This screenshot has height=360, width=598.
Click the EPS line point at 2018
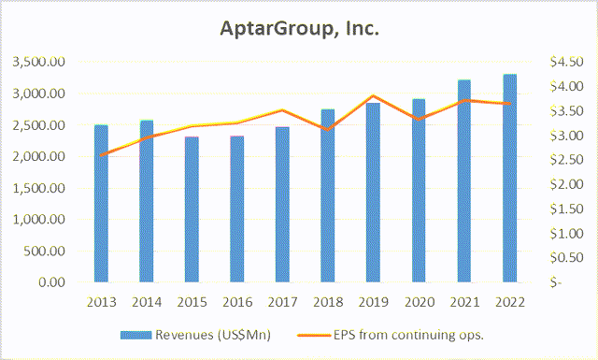point(328,128)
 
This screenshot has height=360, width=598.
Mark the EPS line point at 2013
point(101,154)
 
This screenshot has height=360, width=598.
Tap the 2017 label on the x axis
point(283,302)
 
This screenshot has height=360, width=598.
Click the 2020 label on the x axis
point(419,302)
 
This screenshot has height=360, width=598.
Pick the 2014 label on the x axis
point(147,302)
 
